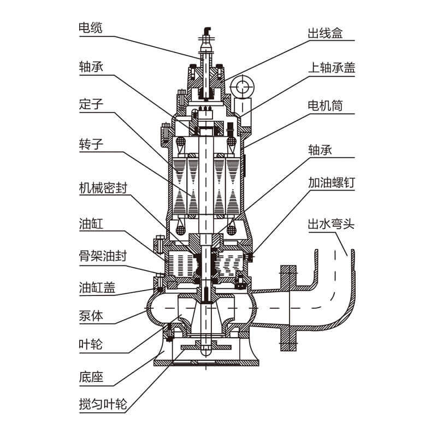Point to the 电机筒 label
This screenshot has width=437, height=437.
click(x=324, y=105)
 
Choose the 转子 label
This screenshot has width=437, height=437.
click(x=90, y=144)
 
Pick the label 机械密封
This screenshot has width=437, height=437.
click(x=102, y=187)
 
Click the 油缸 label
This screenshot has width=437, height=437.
click(x=90, y=223)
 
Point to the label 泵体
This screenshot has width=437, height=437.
click(x=90, y=315)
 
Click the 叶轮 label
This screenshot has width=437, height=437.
click(x=90, y=345)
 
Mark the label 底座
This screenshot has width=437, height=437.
click(x=90, y=377)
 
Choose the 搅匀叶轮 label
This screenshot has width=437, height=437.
click(x=102, y=405)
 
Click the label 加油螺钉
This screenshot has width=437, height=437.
click(x=332, y=183)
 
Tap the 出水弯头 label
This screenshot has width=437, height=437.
click(x=332, y=224)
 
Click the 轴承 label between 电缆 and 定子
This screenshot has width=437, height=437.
click(x=90, y=66)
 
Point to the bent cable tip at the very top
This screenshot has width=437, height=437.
click(x=208, y=29)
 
